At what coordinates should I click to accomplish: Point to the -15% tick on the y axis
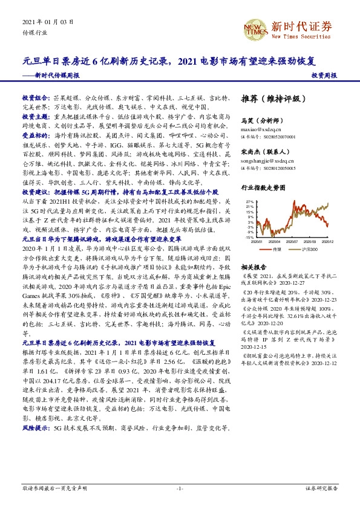tap(249, 237)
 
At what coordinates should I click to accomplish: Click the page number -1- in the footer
tap(179, 487)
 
